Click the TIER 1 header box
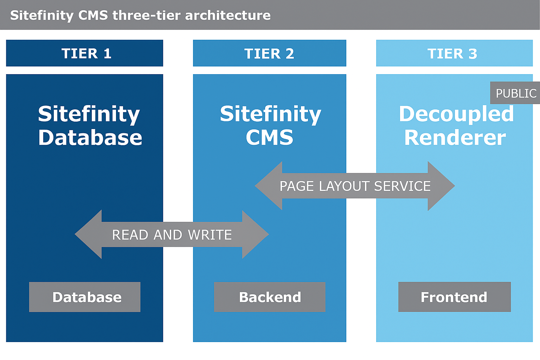click(84, 53)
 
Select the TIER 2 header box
click(269, 53)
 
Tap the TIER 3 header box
click(454, 53)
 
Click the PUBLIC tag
click(515, 93)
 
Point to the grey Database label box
click(85, 297)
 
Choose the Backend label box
click(270, 297)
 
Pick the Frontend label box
click(454, 297)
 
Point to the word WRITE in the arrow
click(210, 235)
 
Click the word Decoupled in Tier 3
click(456, 114)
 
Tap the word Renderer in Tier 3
click(455, 137)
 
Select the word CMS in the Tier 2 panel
click(269, 137)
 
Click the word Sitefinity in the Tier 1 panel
click(89, 114)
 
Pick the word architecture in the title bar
click(228, 15)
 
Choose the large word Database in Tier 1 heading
click(90, 137)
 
